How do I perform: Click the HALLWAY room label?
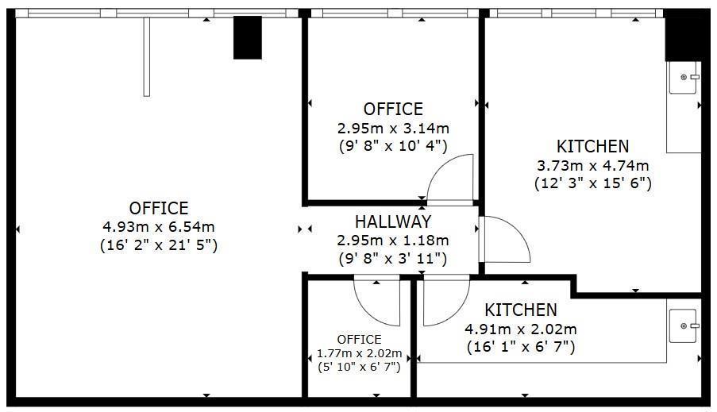tap(392, 222)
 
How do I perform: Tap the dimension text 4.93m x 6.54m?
tap(159, 227)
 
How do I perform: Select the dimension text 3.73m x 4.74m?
tap(592, 165)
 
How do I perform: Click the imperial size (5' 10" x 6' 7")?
tap(359, 366)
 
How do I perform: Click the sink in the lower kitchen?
tap(684, 326)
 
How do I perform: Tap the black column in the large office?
tap(247, 38)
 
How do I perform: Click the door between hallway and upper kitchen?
tap(503, 239)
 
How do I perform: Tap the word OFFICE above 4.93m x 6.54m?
tap(159, 208)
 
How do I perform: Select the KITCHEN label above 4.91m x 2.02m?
tap(521, 310)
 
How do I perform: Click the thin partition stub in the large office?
tap(147, 56)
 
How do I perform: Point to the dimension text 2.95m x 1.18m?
tap(392, 241)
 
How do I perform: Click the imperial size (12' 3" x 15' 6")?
tap(592, 183)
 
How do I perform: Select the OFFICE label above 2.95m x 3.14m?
tap(393, 110)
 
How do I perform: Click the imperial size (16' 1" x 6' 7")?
tap(521, 347)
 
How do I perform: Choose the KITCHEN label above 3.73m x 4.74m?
tap(592, 146)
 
